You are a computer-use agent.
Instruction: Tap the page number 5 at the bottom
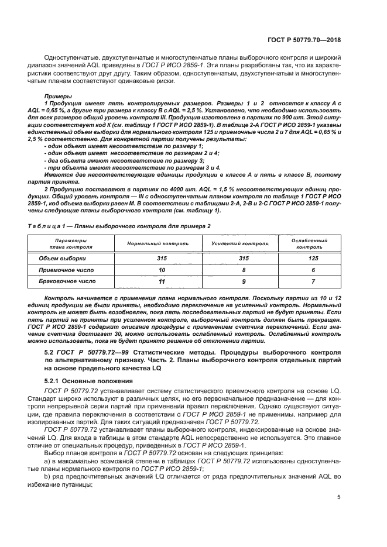pos(339,497)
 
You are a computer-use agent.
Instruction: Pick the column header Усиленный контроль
pos(232,243)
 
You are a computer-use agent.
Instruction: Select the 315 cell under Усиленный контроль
pos(232,258)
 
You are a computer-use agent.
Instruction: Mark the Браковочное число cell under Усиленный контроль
pos(232,281)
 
